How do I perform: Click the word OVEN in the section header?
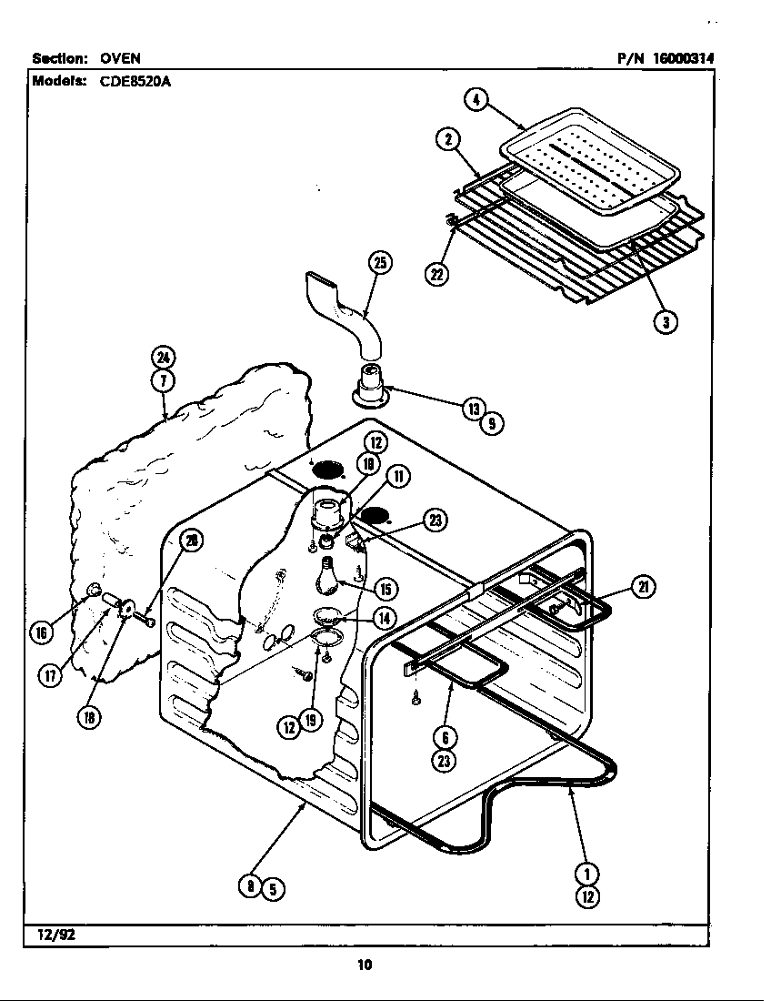click(120, 58)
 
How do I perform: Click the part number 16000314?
click(684, 58)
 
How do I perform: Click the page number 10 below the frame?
click(365, 966)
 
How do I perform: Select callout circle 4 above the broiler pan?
click(476, 98)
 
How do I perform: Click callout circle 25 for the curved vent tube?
click(380, 265)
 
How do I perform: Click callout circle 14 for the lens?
click(385, 617)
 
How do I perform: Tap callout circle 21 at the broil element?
click(644, 587)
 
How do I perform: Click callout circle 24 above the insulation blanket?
click(164, 357)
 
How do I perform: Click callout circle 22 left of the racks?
click(437, 274)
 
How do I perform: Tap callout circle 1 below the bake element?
click(587, 874)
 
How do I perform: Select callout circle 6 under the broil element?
click(445, 738)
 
